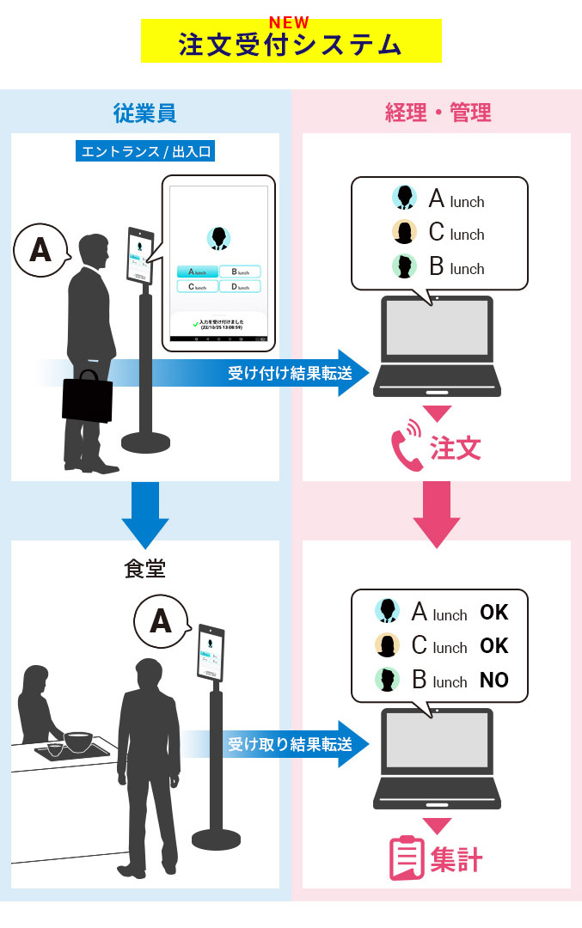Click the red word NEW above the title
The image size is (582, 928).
click(x=289, y=23)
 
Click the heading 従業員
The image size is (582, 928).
click(x=145, y=113)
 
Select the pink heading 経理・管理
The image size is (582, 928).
click(x=438, y=113)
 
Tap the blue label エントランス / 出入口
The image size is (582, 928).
click(x=145, y=152)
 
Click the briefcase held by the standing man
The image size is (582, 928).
click(x=87, y=397)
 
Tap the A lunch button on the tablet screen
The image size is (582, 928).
click(x=197, y=272)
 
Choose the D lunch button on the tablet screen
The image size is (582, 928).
click(x=240, y=286)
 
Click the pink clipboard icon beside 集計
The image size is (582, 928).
click(x=406, y=858)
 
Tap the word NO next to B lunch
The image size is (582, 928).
click(x=494, y=681)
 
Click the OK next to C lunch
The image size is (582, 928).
click(x=494, y=646)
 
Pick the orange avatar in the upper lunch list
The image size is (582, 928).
click(x=404, y=233)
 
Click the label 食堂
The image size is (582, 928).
click(x=145, y=569)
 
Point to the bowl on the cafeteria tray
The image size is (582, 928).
click(x=77, y=740)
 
